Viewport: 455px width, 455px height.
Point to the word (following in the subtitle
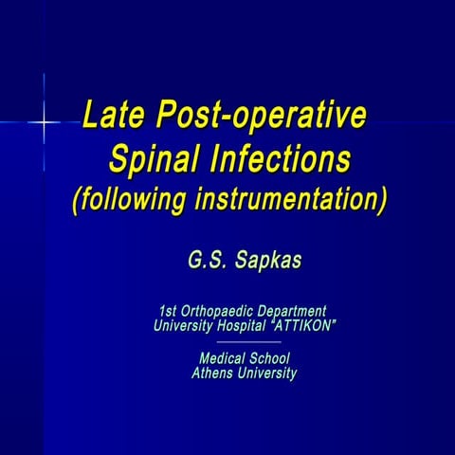tap(130, 202)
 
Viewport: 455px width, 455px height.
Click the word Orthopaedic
tap(222, 311)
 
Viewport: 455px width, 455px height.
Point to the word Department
tap(293, 311)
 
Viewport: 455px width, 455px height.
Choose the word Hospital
tap(242, 325)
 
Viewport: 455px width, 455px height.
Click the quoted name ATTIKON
tap(304, 325)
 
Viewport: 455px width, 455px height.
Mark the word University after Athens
tap(267, 373)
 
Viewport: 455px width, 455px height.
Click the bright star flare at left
tap(44, 122)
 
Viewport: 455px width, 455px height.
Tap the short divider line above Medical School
tap(245, 341)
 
